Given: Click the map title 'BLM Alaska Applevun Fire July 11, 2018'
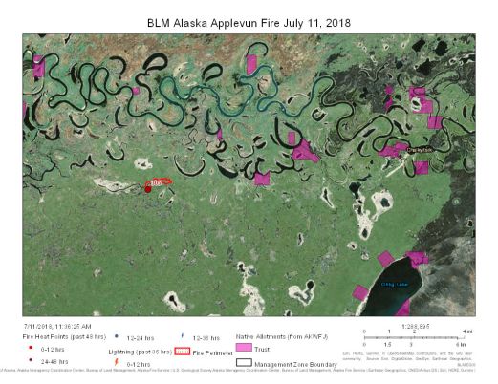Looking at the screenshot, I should pos(249,21).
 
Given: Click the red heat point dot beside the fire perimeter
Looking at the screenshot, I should pos(148,189).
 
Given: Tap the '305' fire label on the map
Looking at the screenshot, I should pos(155,181).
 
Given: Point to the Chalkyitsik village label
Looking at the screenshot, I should pos(421,150).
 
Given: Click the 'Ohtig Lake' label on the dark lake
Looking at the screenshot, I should pos(394,284).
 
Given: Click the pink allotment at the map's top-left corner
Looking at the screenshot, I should pos(39,68).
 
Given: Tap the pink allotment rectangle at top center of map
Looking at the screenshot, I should pos(252,64).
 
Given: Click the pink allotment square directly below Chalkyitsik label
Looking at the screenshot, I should pos(421,168).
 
